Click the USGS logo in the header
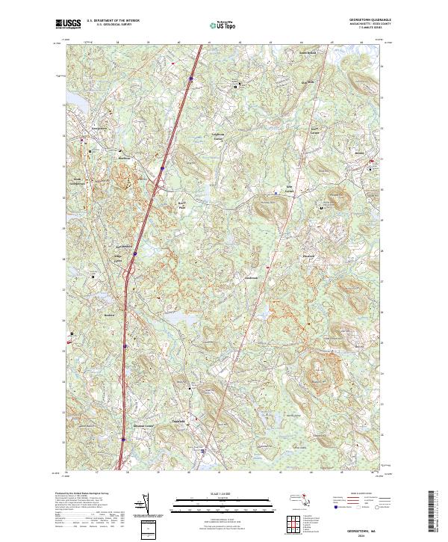[x=68, y=25]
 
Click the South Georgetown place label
[x=77, y=181]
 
